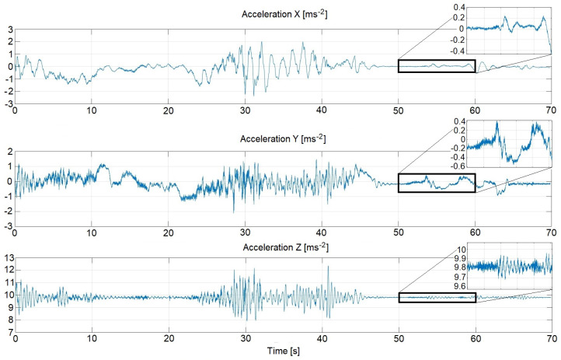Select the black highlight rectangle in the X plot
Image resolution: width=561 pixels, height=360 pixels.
point(437,66)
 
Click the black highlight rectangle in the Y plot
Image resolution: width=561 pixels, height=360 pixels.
point(437,183)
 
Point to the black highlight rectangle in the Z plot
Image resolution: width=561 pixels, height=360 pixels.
point(437,297)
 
